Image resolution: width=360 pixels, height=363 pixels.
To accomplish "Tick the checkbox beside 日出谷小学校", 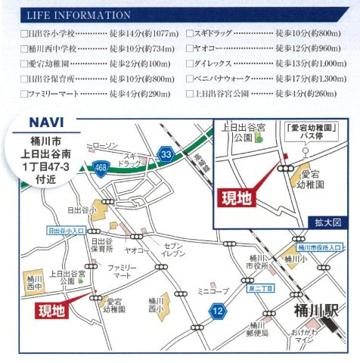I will click(23, 35).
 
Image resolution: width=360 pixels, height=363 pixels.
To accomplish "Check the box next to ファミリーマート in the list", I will click(23, 93).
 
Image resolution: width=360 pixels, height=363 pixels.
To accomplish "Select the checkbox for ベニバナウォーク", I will click(189, 79).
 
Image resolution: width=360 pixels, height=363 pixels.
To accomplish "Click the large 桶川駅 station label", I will click(314, 309).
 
